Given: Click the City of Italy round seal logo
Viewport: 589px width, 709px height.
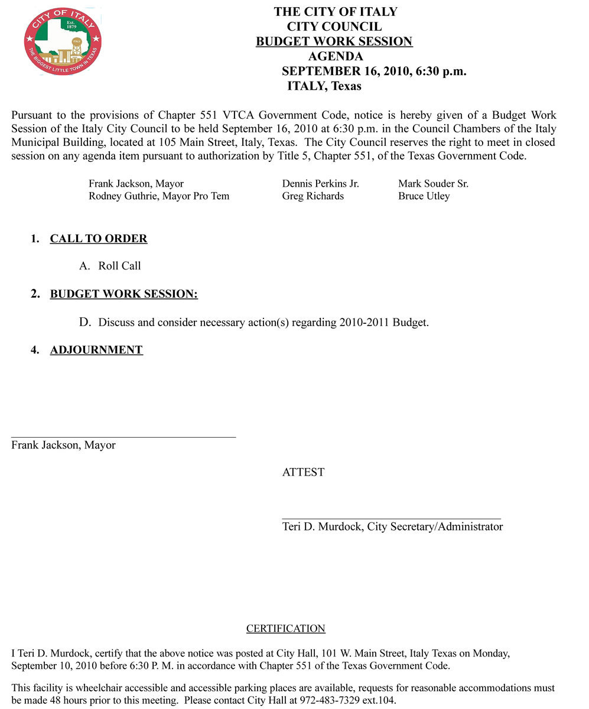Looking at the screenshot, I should point(63,41).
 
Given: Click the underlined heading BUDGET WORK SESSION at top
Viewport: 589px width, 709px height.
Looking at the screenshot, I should point(334,41).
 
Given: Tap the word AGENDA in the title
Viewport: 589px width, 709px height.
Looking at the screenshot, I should point(335,57).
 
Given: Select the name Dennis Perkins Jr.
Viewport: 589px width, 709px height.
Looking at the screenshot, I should point(320,184).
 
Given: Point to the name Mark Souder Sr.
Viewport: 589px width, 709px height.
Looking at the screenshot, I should point(433,184).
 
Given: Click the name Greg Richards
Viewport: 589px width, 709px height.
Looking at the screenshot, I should point(313,196).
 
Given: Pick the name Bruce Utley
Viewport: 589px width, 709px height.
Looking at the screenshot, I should point(424,196).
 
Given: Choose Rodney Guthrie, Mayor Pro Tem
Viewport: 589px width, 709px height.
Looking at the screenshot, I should point(158,196).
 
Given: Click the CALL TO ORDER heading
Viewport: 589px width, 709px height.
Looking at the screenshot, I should point(99,239).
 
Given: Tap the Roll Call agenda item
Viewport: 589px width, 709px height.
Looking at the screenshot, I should point(119,266).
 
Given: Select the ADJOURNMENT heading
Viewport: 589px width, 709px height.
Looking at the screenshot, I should point(96,350).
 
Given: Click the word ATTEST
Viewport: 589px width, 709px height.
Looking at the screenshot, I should point(303,472).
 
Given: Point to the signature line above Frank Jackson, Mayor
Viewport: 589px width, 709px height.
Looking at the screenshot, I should point(123,437).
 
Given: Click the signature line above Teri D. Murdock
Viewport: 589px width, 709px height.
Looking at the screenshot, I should point(391,519).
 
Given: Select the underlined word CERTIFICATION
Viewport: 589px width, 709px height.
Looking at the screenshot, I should point(285,629).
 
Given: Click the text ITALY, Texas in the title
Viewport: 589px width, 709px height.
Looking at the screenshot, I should point(324,86).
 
